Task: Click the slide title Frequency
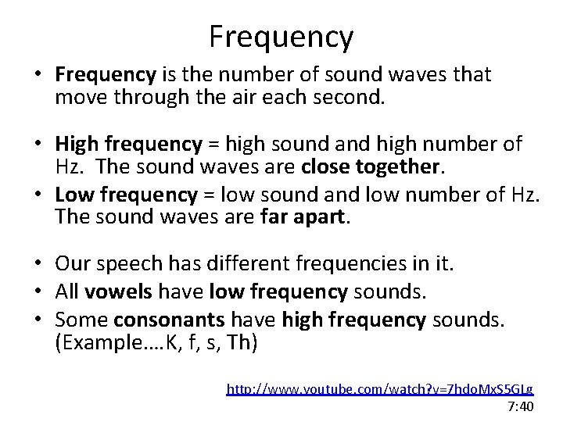(x=281, y=36)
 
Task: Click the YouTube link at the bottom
(x=379, y=388)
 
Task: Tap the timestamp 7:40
(x=520, y=406)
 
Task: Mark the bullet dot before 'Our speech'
(x=39, y=265)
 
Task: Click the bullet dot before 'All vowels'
(x=39, y=292)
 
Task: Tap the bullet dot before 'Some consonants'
(x=39, y=320)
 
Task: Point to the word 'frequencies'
(x=346, y=264)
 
